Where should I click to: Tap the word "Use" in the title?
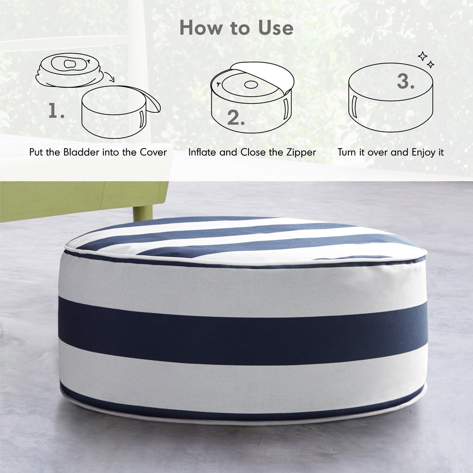coord(275,28)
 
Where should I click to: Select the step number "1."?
coord(56,110)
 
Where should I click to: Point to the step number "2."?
coord(236,118)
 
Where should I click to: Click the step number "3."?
coord(406,81)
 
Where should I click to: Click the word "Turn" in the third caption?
coord(347,152)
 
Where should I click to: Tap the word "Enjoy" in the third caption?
coord(424,152)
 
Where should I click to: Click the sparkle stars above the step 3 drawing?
coord(426,60)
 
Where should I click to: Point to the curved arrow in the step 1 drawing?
coord(110,77)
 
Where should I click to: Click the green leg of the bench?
coord(143,213)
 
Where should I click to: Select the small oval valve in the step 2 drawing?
coord(251,85)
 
